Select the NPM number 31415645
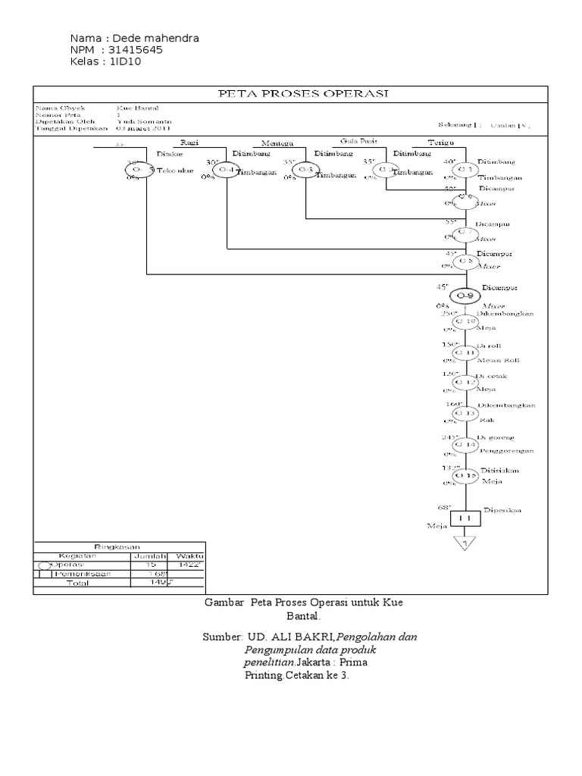pos(136,50)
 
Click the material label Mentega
pos(275,142)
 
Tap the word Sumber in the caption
pos(220,637)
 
